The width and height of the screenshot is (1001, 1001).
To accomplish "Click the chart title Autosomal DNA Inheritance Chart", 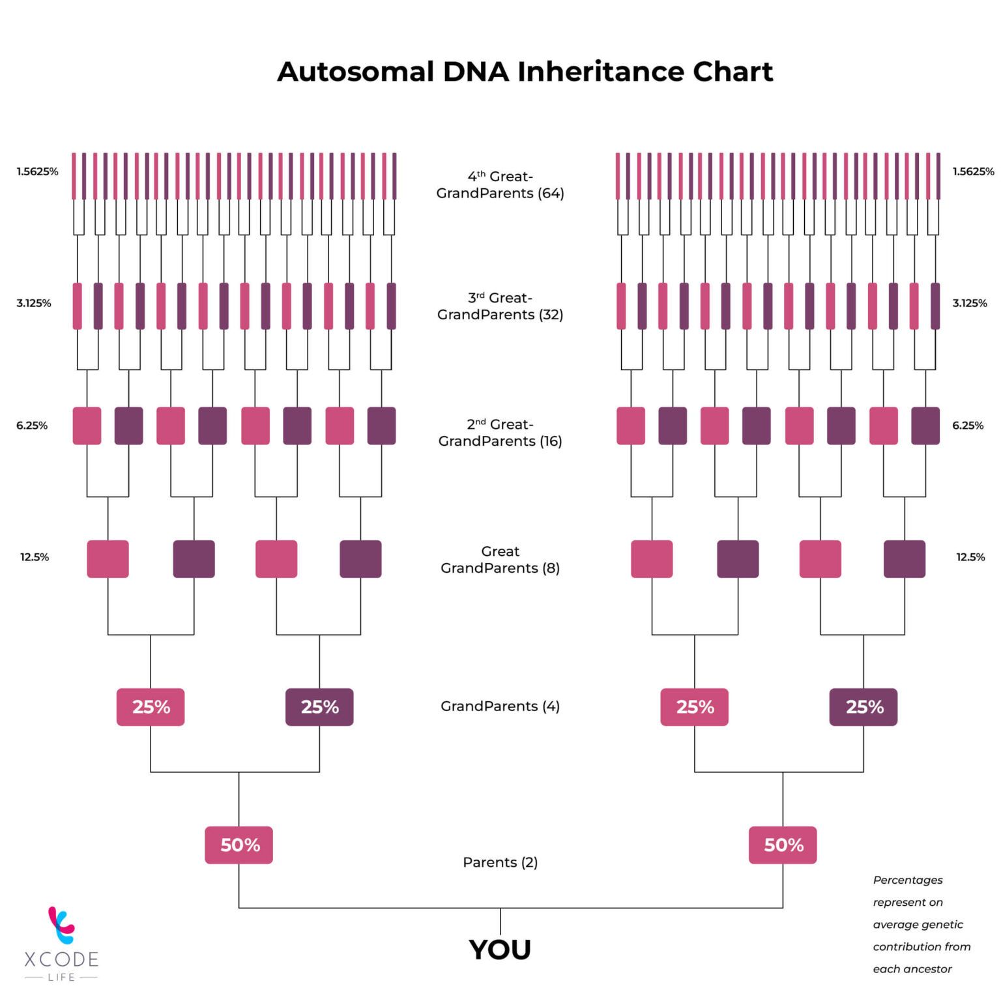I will (525, 72).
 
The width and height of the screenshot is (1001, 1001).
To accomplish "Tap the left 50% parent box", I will (239, 845).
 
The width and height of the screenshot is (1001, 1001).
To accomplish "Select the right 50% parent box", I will (782, 845).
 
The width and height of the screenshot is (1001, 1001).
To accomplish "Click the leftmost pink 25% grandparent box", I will (151, 707).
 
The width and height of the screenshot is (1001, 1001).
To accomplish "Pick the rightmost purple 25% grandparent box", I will (863, 707).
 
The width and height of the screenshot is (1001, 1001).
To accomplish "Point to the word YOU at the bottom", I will (500, 950).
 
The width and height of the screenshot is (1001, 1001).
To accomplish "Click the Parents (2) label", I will (500, 862).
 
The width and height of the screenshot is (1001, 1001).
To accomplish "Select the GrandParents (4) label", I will (500, 706).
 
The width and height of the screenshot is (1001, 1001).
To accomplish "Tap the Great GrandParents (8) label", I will (500, 560).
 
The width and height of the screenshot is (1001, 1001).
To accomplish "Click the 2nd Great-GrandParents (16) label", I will (500, 433).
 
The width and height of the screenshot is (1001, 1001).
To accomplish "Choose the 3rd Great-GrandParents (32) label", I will (500, 306).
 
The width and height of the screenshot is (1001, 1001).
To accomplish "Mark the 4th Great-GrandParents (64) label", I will (500, 184).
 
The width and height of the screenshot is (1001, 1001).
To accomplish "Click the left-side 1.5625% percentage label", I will (37, 172).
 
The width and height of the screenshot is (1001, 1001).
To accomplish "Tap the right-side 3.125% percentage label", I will (970, 303).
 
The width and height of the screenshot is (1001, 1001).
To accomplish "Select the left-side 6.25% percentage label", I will (32, 426).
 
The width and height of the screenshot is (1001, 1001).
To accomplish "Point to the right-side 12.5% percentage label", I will (970, 557).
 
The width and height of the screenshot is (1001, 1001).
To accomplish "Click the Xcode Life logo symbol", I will (61, 925).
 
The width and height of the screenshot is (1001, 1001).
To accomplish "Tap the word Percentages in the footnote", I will (908, 880).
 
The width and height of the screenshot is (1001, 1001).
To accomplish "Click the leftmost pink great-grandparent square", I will (108, 559).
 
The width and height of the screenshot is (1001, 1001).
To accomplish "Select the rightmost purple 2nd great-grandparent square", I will (925, 426).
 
